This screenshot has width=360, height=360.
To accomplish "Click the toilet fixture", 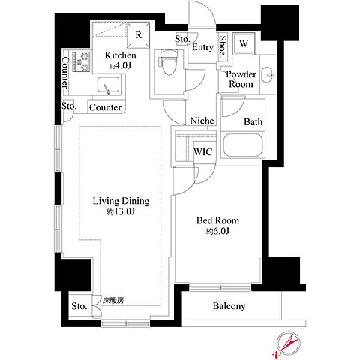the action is [x=168, y=62].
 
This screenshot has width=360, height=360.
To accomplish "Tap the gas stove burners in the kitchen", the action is [x=81, y=61].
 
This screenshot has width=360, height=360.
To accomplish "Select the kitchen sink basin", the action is [x=108, y=85].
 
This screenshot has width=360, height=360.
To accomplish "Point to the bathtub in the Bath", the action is [x=243, y=145].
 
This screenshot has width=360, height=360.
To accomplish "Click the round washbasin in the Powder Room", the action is [x=268, y=74].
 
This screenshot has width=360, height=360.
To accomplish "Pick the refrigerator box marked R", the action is [x=139, y=34].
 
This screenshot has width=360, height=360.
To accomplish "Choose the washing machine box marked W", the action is [x=244, y=43].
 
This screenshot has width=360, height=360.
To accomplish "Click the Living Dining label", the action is [x=121, y=201].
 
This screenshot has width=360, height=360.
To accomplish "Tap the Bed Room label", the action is [x=217, y=220].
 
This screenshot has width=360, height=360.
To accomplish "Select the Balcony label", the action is [x=229, y=306].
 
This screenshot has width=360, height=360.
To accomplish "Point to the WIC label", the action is [x=203, y=151].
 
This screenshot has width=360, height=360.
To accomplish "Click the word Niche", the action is [x=202, y=121].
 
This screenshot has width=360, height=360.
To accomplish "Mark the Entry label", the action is [x=202, y=47].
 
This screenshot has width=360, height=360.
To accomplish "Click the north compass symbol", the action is [x=287, y=343].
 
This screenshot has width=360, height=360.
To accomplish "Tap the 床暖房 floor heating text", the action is [x=113, y=300].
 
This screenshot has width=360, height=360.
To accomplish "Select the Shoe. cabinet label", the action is [x=222, y=46].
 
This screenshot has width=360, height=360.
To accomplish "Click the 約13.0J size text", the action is [x=121, y=212].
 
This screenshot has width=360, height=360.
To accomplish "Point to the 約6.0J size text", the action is [x=217, y=232].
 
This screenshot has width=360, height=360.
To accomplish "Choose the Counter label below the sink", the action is [x=105, y=107].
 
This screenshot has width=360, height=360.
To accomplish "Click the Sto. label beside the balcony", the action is [x=79, y=306].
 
